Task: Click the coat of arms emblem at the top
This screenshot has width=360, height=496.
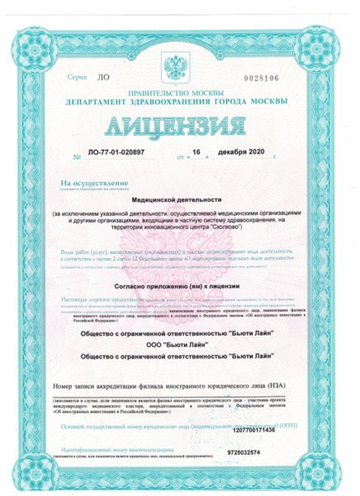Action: coord(179,67)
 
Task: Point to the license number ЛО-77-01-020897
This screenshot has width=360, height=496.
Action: coord(111,155)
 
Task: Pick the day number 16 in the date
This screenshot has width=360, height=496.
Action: coord(198,155)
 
